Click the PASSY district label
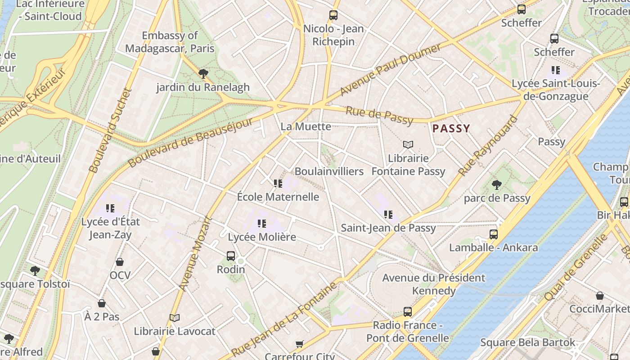click(451, 129)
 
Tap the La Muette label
click(306, 126)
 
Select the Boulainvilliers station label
click(329, 171)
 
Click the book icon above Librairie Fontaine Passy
click(408, 145)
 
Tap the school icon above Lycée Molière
click(262, 223)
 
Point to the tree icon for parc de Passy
click(497, 184)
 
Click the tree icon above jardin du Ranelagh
click(203, 73)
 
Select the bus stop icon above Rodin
click(231, 256)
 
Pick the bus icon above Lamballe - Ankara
click(494, 234)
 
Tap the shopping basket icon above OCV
click(120, 262)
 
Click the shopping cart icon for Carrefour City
click(299, 344)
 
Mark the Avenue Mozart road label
click(195, 253)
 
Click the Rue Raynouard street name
click(488, 146)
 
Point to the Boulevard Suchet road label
click(110, 130)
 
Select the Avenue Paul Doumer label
click(391, 69)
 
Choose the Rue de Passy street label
click(379, 115)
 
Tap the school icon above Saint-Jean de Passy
click(388, 215)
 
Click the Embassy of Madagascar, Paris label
click(170, 42)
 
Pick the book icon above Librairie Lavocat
click(175, 318)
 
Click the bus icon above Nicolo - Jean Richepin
click(333, 15)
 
